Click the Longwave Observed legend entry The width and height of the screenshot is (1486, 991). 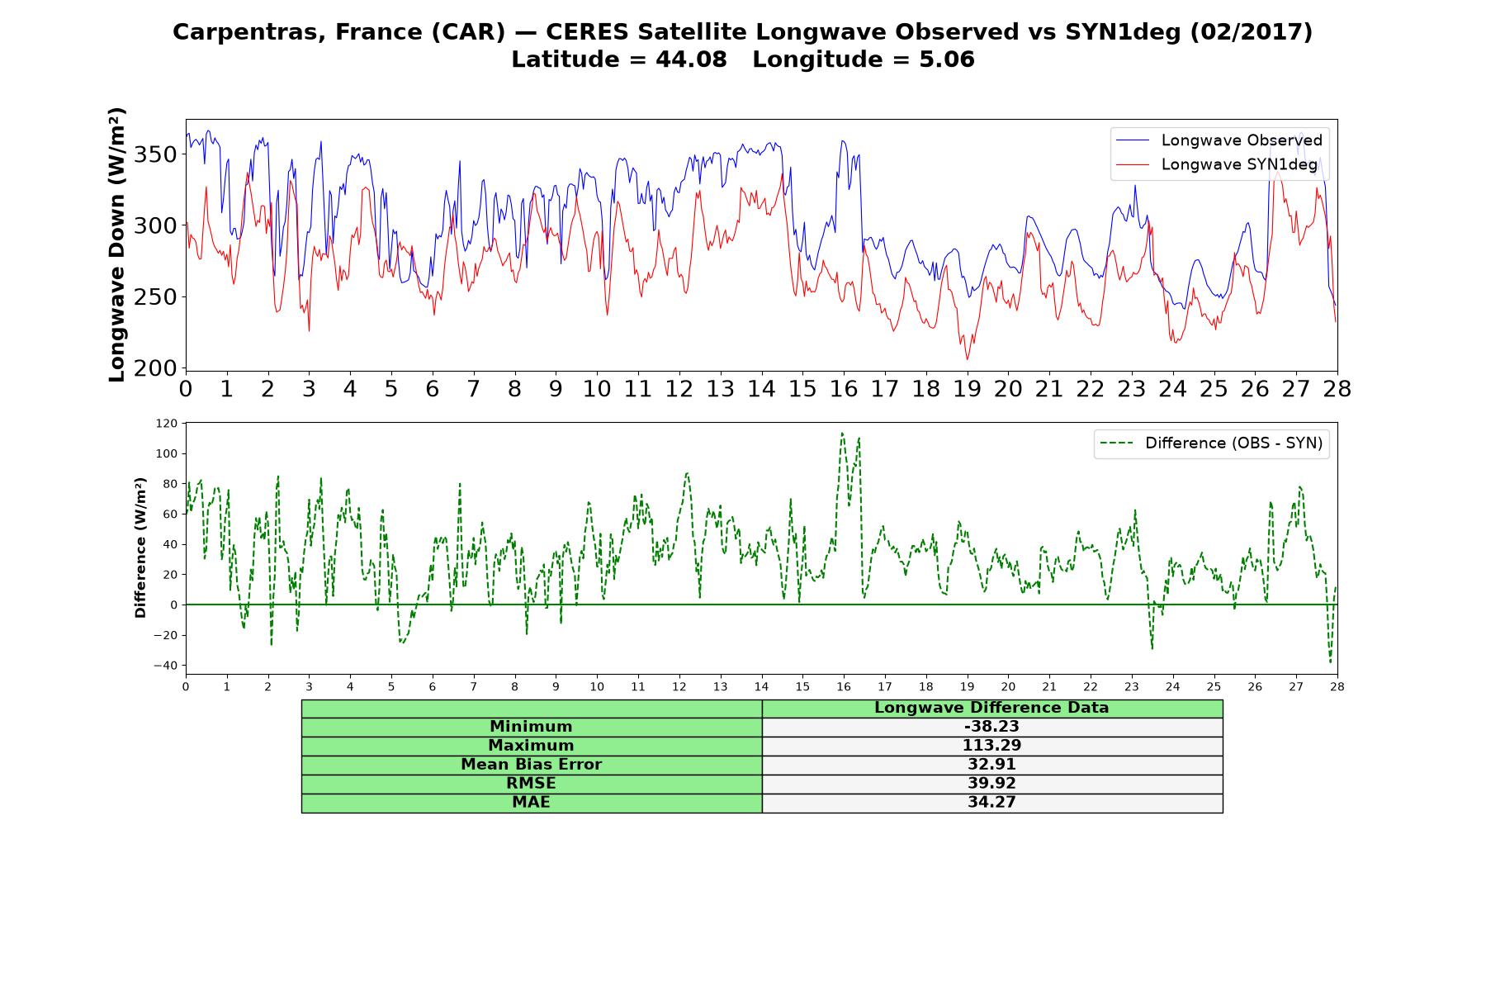coord(1219,140)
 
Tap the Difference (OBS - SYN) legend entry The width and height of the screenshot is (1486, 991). coord(1211,443)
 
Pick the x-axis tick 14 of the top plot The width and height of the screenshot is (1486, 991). coord(761,388)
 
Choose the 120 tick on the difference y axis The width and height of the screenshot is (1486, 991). coord(167,424)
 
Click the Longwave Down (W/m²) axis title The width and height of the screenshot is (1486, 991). coord(117,244)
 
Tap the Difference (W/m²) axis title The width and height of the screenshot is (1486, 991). coord(140,548)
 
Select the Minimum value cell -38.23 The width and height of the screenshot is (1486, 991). coord(991,727)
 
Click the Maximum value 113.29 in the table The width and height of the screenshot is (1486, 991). coord(991,746)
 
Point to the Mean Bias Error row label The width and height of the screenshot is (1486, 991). coord(531,765)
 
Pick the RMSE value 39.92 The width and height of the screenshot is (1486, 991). coord(991,784)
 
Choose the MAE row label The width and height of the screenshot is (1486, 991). coord(531,803)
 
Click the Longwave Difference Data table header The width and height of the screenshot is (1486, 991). coord(991,708)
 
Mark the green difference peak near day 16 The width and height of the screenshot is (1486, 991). coord(842,433)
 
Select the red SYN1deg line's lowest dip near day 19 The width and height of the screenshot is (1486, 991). coord(968,358)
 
